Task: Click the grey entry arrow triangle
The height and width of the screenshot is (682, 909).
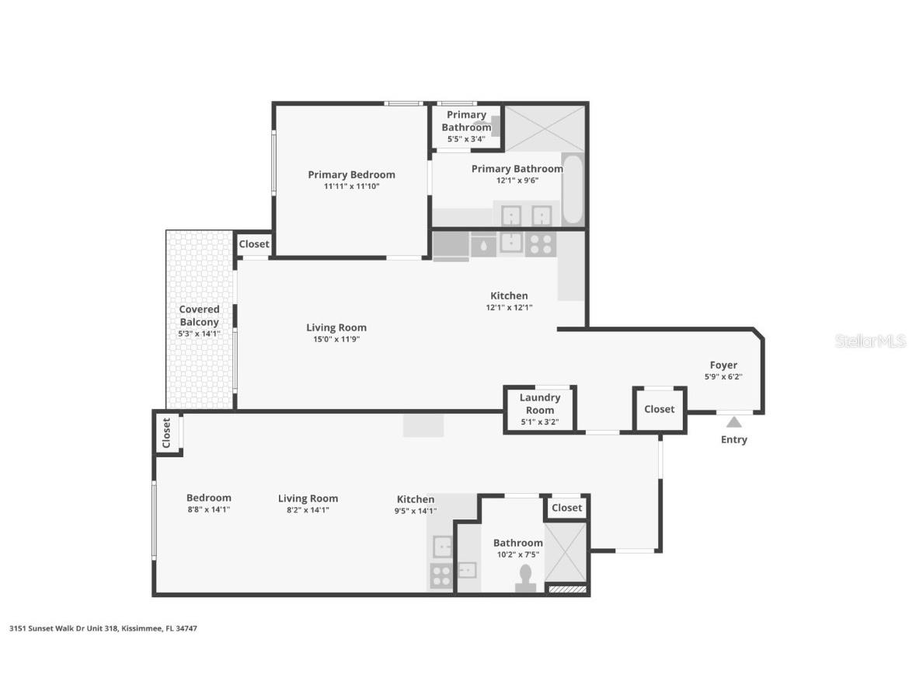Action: (733, 422)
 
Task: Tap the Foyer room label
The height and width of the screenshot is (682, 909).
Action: (723, 365)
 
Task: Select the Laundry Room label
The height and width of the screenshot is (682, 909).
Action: (540, 404)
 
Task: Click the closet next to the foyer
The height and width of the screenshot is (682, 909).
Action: (660, 409)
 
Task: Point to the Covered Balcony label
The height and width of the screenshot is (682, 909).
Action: (200, 315)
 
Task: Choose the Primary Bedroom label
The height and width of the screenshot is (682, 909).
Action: (351, 174)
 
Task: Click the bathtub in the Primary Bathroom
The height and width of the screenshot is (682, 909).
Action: (572, 189)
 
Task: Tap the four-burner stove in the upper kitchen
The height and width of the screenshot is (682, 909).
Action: (540, 243)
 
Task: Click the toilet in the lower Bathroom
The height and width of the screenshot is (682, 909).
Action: (525, 578)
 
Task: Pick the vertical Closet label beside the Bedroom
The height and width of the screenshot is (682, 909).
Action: (166, 433)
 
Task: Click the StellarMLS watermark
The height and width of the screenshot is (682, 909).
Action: (870, 341)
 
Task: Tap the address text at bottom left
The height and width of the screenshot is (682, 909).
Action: (103, 628)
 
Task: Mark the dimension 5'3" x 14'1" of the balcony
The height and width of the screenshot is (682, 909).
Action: (200, 334)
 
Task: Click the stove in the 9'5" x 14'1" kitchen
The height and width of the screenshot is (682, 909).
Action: (441, 576)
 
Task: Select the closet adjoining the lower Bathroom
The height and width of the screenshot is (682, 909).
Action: (566, 508)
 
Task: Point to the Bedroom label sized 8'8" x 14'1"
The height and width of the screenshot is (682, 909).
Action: (208, 498)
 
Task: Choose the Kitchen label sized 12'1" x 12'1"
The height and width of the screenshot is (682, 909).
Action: (509, 296)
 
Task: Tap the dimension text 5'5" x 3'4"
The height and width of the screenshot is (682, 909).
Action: (466, 139)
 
